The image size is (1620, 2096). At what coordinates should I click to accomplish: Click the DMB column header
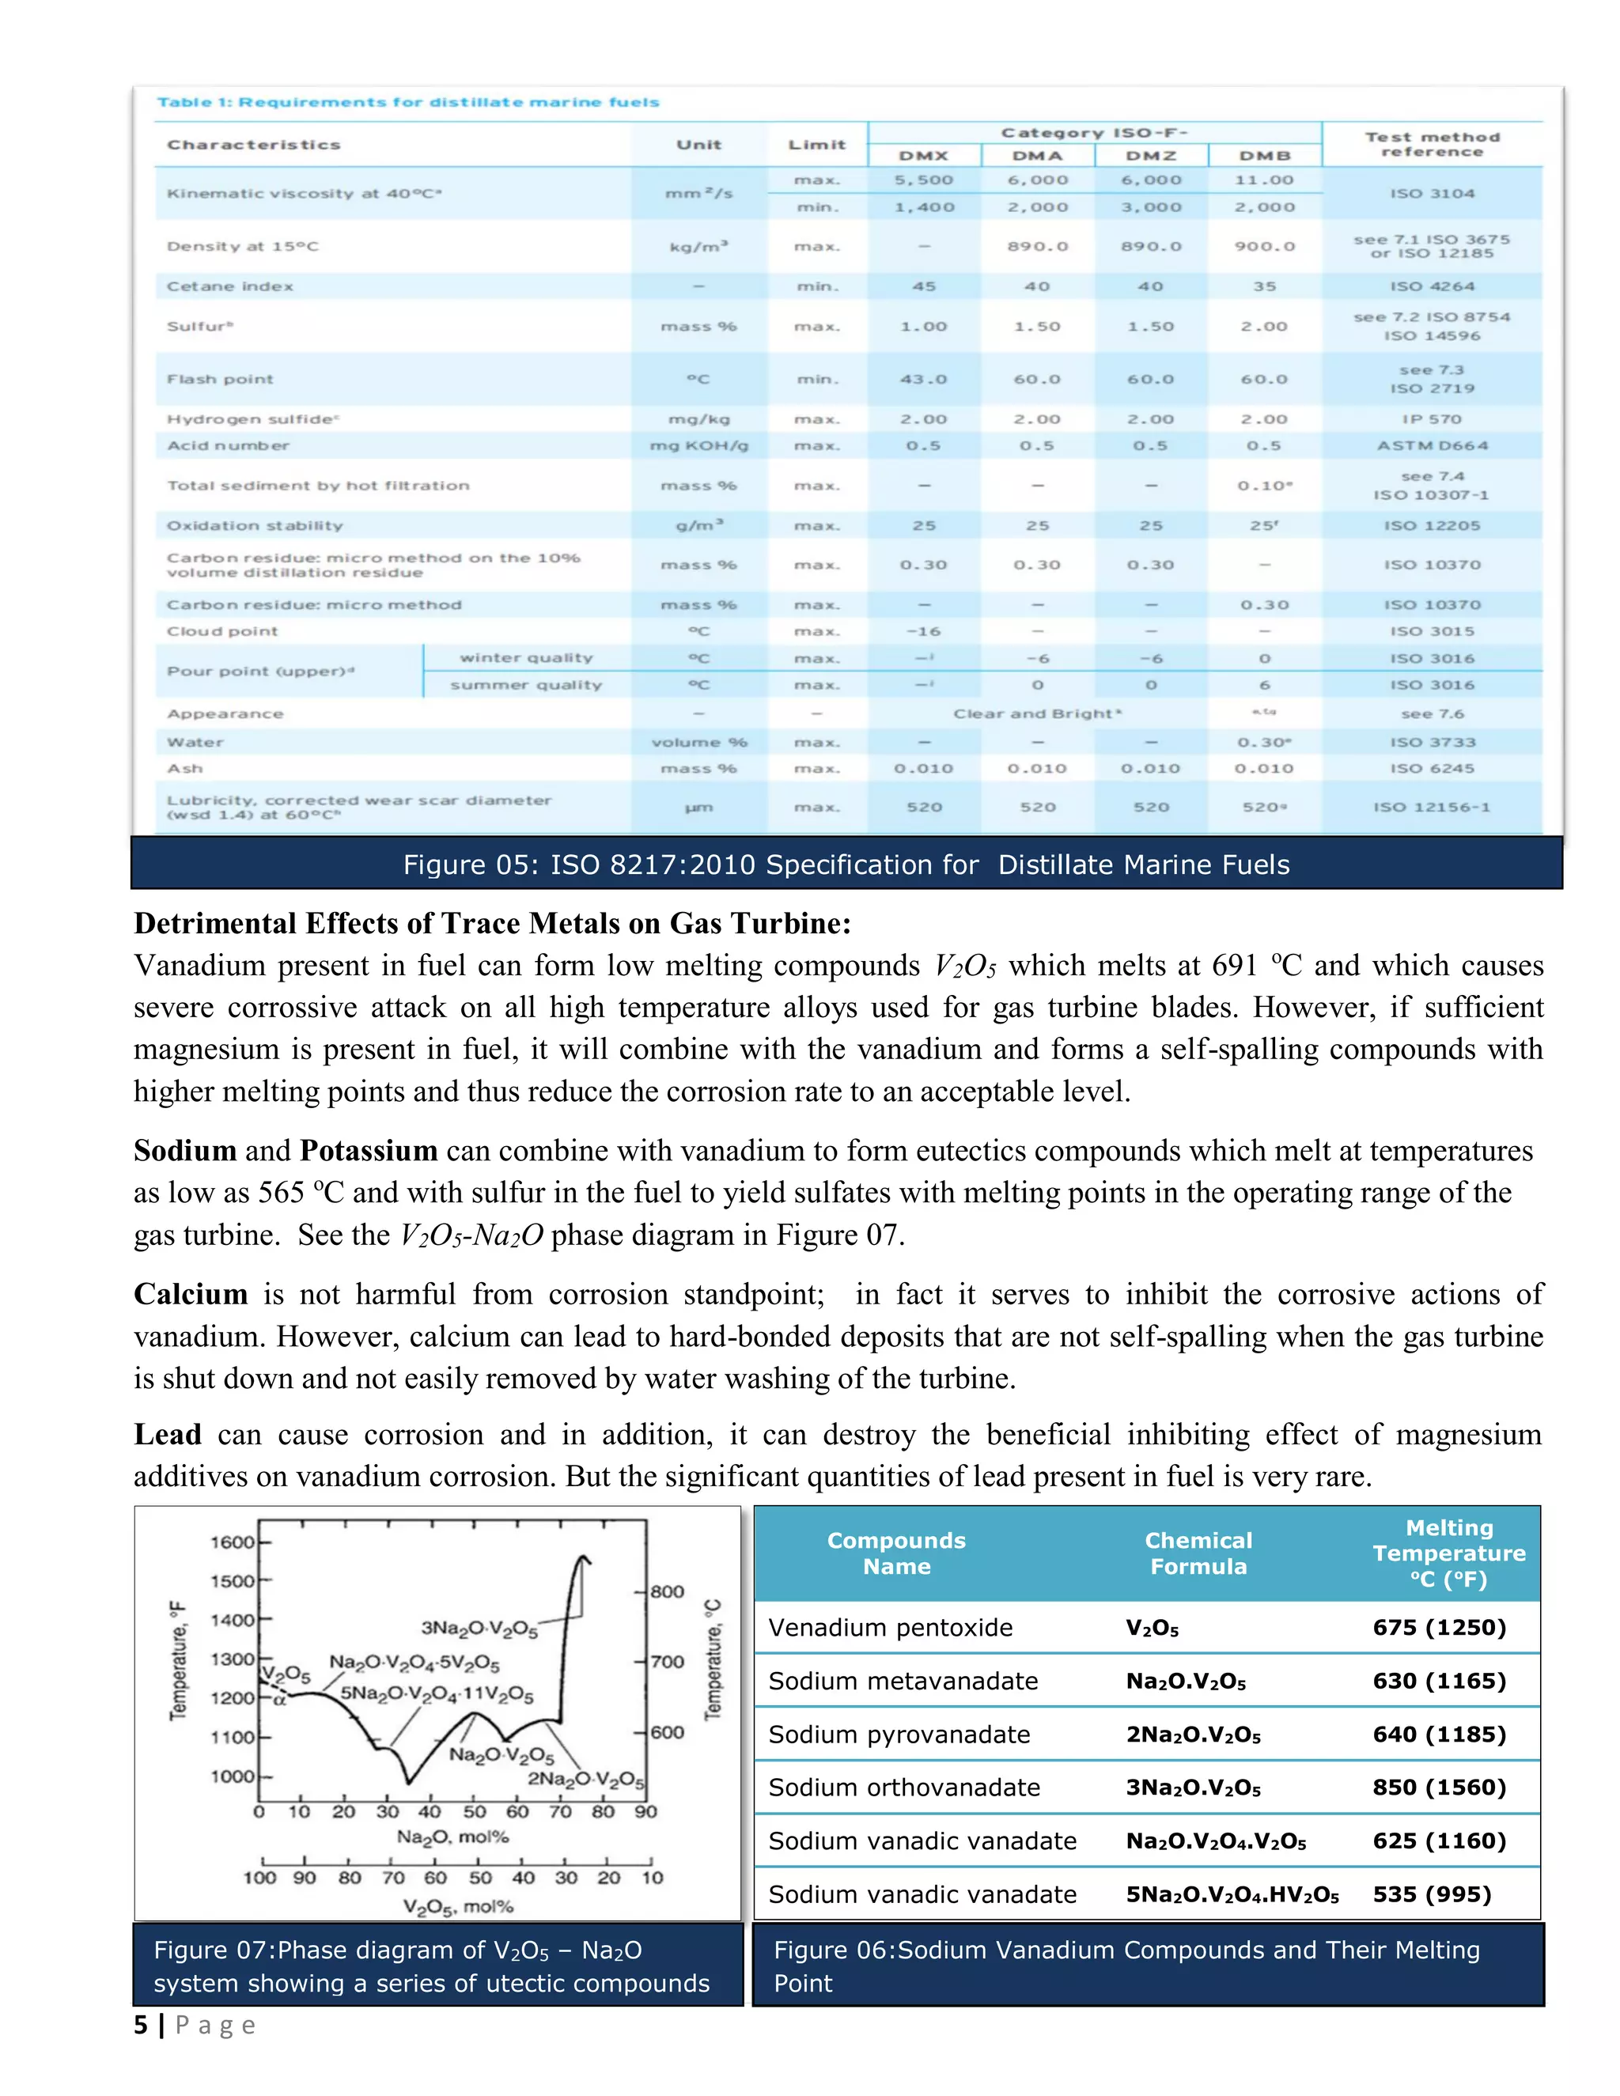[1264, 156]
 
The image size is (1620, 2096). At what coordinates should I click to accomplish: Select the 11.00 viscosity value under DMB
[1264, 180]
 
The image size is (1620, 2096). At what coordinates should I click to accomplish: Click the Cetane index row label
[230, 286]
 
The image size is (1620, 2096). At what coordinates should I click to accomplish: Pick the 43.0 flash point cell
[923, 379]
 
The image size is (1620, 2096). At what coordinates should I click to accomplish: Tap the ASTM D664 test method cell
[1432, 445]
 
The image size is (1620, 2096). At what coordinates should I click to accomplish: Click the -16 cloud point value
[923, 631]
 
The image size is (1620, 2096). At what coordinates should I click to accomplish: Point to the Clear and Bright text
[1036, 714]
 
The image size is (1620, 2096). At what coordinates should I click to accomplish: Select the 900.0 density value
[1264, 247]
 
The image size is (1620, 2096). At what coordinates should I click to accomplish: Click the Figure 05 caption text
[846, 865]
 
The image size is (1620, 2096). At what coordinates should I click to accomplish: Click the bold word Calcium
[190, 1295]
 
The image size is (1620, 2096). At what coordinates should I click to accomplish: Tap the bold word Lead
[167, 1435]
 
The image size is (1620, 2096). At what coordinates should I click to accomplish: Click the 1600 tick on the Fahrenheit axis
[233, 1542]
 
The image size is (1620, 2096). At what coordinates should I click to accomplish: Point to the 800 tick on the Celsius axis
[668, 1591]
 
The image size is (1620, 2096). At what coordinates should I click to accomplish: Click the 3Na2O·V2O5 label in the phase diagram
[479, 1628]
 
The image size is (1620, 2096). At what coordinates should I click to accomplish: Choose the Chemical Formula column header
[1198, 1553]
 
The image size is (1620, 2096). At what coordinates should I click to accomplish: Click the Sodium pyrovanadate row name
[899, 1735]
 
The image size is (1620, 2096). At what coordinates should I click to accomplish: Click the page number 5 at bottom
[141, 2025]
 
